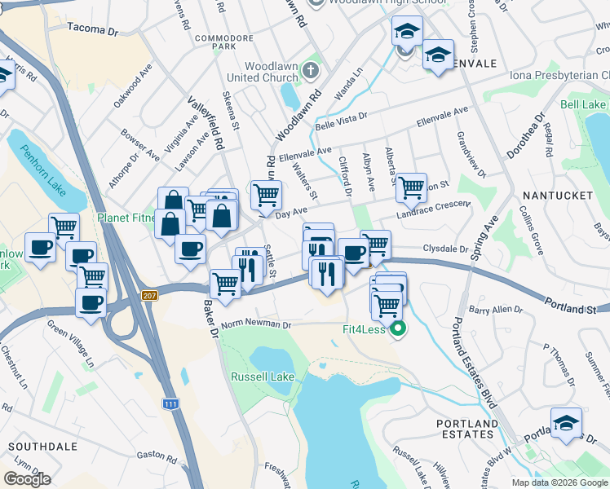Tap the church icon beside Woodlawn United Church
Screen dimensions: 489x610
pyautogui.click(x=309, y=71)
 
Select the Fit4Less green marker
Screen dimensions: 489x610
pyautogui.click(x=398, y=329)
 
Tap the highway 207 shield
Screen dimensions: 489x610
pyautogui.click(x=148, y=295)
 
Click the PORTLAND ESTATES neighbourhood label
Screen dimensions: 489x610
pyautogui.click(x=466, y=429)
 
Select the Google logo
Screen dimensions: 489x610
pyautogui.click(x=27, y=479)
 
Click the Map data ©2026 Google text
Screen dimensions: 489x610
pyautogui.click(x=559, y=482)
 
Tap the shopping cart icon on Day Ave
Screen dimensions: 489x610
pyautogui.click(x=266, y=196)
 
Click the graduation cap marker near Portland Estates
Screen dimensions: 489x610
pyautogui.click(x=566, y=423)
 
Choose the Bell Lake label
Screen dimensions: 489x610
pyautogui.click(x=583, y=105)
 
